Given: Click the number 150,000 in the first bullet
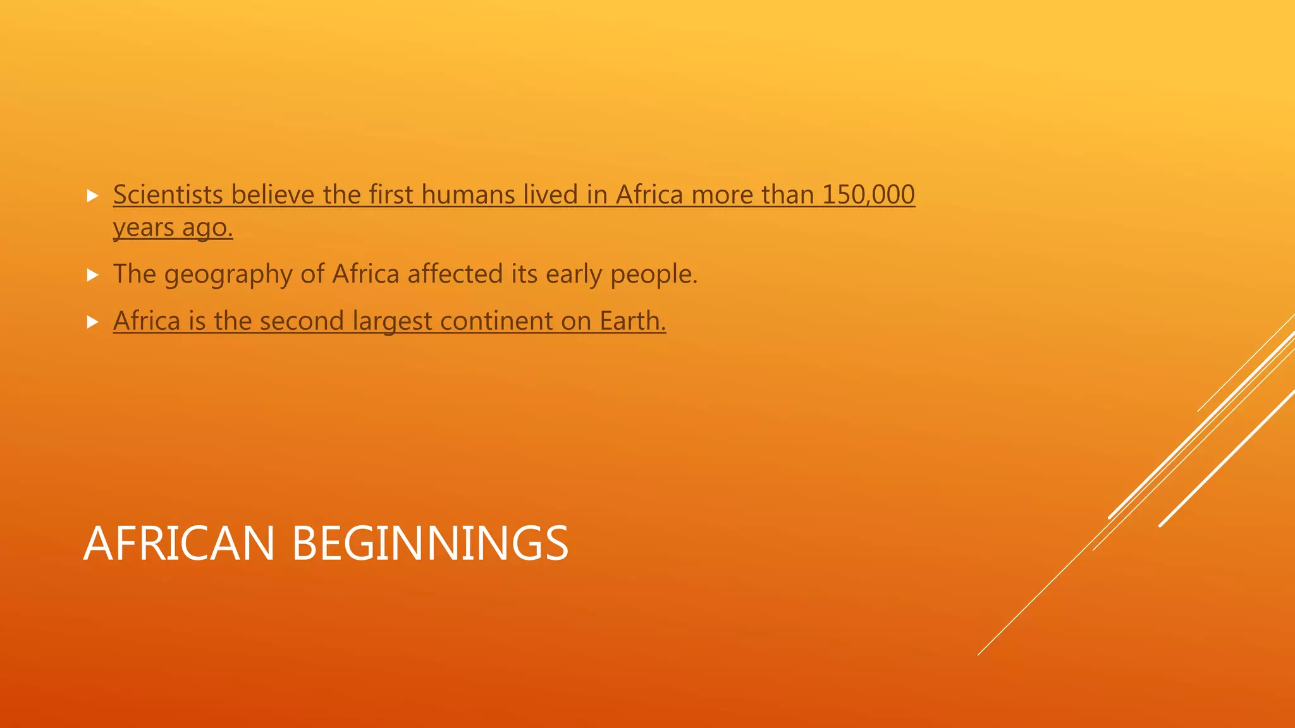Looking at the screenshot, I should point(868,195).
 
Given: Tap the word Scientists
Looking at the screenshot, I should point(168,195).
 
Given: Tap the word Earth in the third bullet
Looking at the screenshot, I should point(632,321).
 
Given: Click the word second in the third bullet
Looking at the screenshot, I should point(302,321).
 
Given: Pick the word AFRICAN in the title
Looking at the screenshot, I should point(179,543).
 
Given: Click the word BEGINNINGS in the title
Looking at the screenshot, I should point(430,543).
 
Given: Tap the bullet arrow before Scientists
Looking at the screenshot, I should point(93,196).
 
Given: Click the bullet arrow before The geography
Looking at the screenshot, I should point(93,275).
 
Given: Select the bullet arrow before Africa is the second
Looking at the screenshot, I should point(93,322).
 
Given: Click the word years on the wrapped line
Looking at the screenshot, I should point(144,228).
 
